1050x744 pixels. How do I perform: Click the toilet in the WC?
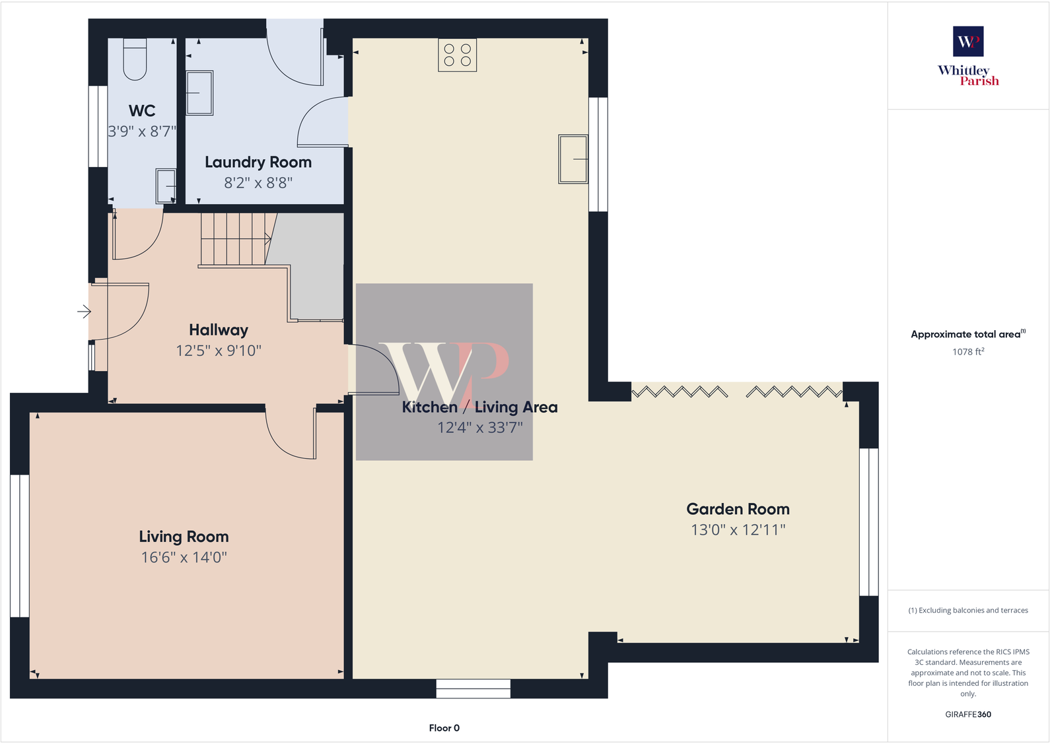point(135,59)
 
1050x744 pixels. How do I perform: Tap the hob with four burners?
point(457,55)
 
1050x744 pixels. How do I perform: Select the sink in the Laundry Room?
point(199,93)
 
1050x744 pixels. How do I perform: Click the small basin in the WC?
point(166,186)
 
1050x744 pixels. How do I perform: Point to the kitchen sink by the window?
point(573,159)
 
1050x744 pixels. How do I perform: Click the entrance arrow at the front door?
point(84,311)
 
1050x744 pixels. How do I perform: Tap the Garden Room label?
point(738,509)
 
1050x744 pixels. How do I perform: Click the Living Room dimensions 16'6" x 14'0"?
point(184,557)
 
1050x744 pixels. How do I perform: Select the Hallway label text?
point(219,329)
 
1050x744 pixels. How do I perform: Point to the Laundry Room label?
point(258,162)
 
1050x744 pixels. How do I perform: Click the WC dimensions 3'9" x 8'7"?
point(142,131)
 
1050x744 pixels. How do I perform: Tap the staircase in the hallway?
point(234,238)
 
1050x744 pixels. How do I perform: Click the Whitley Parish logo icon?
point(968,42)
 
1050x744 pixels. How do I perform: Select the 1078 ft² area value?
point(968,352)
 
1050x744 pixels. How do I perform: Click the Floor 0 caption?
point(444,728)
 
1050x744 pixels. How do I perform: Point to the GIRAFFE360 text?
point(968,714)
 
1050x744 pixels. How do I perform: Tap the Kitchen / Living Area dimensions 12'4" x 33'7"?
point(480,428)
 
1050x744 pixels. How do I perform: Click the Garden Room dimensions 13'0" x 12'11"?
point(738,529)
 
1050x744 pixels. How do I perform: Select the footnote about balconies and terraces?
point(968,611)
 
